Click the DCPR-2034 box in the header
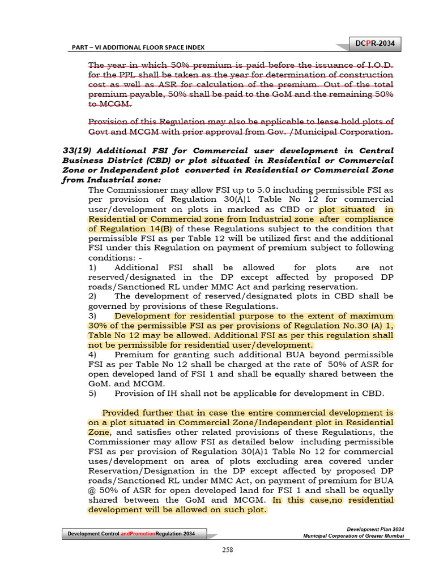(x=374, y=44)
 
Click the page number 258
(x=227, y=550)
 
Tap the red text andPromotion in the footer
(x=137, y=534)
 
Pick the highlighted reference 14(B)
(x=160, y=228)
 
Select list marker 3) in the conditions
(x=93, y=316)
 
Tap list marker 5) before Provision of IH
(x=93, y=393)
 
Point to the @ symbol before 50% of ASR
(x=93, y=490)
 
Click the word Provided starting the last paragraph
(x=121, y=413)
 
